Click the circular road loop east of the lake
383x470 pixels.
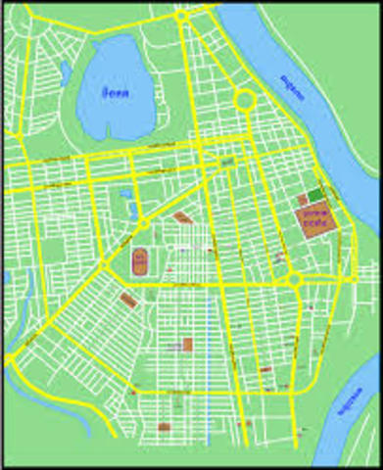pyautogui.click(x=245, y=100)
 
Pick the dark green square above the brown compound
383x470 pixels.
pyautogui.click(x=314, y=194)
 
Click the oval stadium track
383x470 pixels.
pyautogui.click(x=140, y=261)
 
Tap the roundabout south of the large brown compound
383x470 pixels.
pyautogui.click(x=294, y=280)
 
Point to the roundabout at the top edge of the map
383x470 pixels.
pyautogui.click(x=183, y=17)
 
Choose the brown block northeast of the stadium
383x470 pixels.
pyautogui.click(x=182, y=217)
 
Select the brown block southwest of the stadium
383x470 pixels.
pyautogui.click(x=127, y=299)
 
